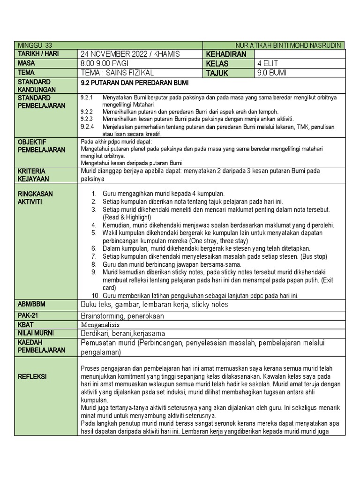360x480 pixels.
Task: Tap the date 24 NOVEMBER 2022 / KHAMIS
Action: click(x=130, y=54)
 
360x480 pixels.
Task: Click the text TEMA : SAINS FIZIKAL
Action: click(x=117, y=73)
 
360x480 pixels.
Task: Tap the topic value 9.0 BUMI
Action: click(x=271, y=73)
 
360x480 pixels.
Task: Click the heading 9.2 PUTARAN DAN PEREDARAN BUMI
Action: click(x=135, y=83)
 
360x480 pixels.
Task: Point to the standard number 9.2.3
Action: click(x=87, y=119)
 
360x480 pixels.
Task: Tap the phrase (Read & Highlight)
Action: click(x=127, y=217)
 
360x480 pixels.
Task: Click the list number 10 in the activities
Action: click(x=95, y=296)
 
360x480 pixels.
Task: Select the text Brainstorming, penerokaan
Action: click(x=122, y=316)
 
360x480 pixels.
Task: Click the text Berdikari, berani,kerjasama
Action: click(x=123, y=333)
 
